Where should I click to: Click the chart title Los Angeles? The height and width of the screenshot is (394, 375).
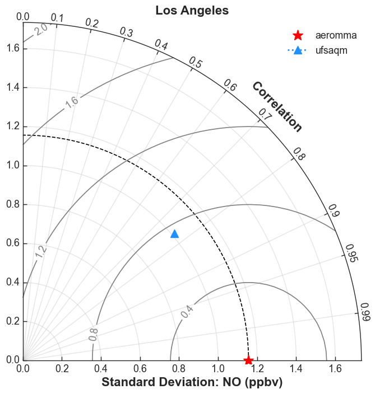coord(192,11)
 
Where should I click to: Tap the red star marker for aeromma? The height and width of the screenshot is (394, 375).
coord(248,360)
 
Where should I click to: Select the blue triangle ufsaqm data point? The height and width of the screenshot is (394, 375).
coord(175,234)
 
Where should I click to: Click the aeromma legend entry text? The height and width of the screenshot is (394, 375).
coord(336,35)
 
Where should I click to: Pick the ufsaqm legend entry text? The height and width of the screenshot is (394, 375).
coord(331,50)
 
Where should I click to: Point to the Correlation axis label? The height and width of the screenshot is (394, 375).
coord(277,106)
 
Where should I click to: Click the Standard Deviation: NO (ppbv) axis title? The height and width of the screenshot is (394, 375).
coord(192,382)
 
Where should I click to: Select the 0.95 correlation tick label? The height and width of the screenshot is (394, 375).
coord(351,253)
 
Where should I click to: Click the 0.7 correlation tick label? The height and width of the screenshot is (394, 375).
coord(266,114)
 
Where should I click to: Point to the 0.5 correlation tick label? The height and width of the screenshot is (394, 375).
coord(196,62)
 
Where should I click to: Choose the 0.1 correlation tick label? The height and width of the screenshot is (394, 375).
coord(57,18)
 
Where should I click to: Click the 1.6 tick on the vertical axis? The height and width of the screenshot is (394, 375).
coord(13,48)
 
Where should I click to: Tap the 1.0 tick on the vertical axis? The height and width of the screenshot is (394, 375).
coord(13,165)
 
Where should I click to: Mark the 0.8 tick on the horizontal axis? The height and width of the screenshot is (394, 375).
coord(179,369)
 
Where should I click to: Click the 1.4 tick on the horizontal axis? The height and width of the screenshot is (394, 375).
coord(296,369)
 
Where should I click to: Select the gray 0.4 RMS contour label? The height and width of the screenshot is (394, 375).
coord(187,312)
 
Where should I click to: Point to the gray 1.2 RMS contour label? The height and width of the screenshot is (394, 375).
coord(41,251)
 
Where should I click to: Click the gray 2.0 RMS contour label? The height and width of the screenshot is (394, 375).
coord(41,30)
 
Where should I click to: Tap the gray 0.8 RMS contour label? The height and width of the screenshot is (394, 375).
coord(94,335)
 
